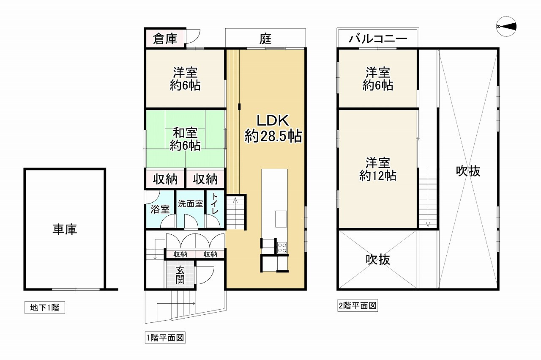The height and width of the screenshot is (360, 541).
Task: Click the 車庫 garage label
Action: tap(65, 229)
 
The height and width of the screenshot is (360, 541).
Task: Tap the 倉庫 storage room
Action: tap(165, 38)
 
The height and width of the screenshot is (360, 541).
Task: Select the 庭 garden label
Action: tap(265, 38)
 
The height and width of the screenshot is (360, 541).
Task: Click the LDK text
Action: tap(273, 121)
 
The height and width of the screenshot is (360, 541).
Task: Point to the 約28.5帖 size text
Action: tap(273, 136)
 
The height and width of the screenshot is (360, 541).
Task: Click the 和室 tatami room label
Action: tap(185, 133)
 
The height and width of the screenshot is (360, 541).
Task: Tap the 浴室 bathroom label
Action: tap(160, 209)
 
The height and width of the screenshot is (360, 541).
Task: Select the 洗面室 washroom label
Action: tap(190, 204)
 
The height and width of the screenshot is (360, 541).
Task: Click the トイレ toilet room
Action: tap(215, 209)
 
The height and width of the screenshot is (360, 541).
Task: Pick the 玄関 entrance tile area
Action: tap(180, 275)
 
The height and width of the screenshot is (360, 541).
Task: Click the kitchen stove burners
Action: tap(282, 247)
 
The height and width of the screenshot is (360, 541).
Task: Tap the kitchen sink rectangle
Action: tap(281, 219)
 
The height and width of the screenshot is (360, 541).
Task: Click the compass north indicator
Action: tap(506, 27)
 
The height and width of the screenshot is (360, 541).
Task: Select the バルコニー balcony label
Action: tap(378, 38)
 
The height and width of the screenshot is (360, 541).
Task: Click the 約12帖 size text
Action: tap(378, 176)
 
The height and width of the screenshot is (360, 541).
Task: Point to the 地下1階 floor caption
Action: tap(45, 308)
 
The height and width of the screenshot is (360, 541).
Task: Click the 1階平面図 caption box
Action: tap(165, 338)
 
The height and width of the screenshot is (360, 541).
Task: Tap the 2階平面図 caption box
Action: tap(358, 305)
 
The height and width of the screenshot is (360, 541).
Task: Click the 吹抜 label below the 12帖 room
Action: tap(378, 260)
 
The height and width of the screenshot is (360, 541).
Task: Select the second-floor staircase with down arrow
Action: tap(428, 198)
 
